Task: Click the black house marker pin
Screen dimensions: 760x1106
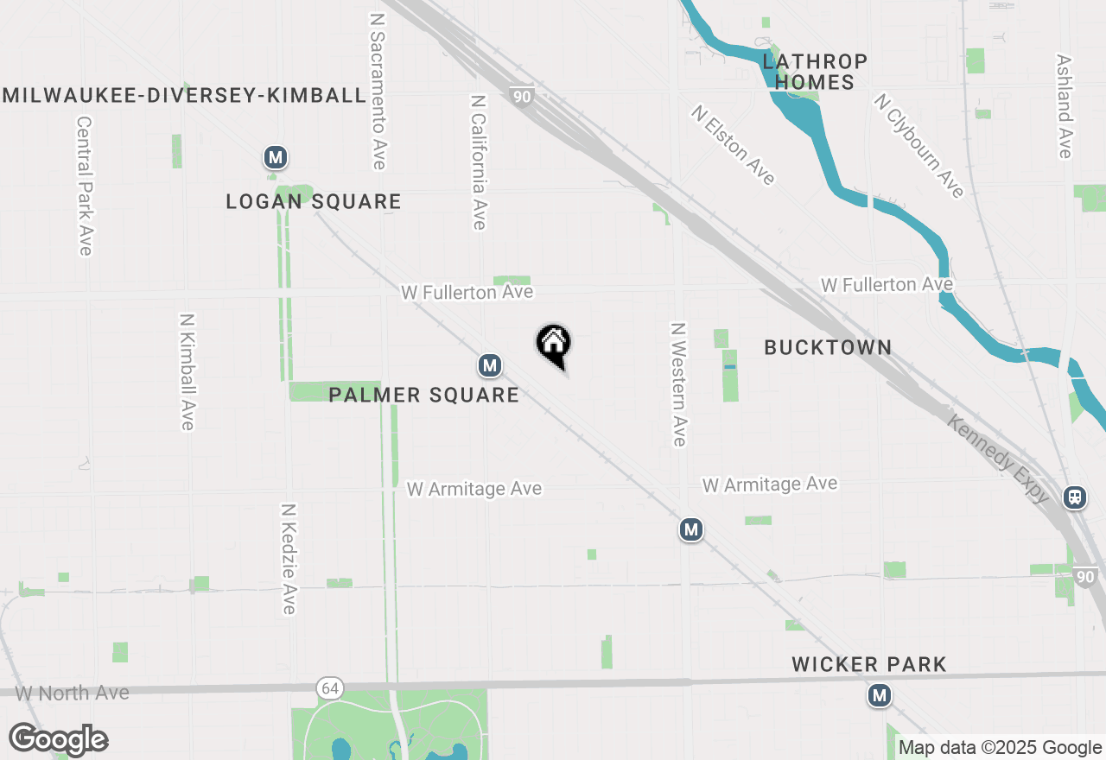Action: (554, 345)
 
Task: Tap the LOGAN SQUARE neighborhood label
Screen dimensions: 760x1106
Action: (314, 202)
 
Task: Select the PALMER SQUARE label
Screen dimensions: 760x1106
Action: (423, 396)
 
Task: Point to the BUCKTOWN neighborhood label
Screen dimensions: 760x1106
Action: (828, 347)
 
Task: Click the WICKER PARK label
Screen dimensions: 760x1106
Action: (869, 664)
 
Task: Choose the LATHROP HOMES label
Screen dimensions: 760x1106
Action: (814, 73)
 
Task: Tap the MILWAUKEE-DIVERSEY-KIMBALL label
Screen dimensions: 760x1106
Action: (184, 95)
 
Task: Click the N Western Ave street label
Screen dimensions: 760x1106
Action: (678, 384)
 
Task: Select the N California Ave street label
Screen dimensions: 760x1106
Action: (479, 162)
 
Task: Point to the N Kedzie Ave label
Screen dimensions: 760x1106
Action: (289, 559)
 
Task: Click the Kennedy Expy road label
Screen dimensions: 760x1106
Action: (998, 459)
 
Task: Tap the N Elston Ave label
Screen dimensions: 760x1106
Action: (733, 145)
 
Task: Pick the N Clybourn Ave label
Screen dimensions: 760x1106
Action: (918, 146)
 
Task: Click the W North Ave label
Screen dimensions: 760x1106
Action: (73, 693)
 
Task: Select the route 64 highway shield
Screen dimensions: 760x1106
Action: (328, 688)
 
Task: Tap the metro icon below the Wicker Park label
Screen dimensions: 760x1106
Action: (880, 694)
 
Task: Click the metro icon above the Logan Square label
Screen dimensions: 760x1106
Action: (275, 157)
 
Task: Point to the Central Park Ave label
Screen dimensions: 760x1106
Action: (84, 187)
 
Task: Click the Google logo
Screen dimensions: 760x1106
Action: (58, 739)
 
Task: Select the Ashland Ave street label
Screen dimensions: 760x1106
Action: (1064, 107)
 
